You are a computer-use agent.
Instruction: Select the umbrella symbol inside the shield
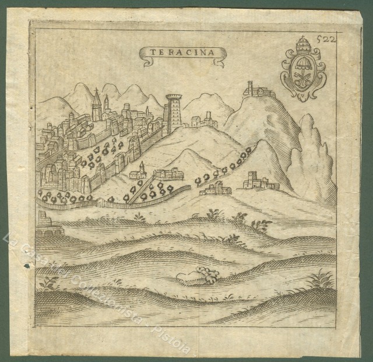pos(303,65)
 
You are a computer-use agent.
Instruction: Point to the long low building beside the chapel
pos(168,174)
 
